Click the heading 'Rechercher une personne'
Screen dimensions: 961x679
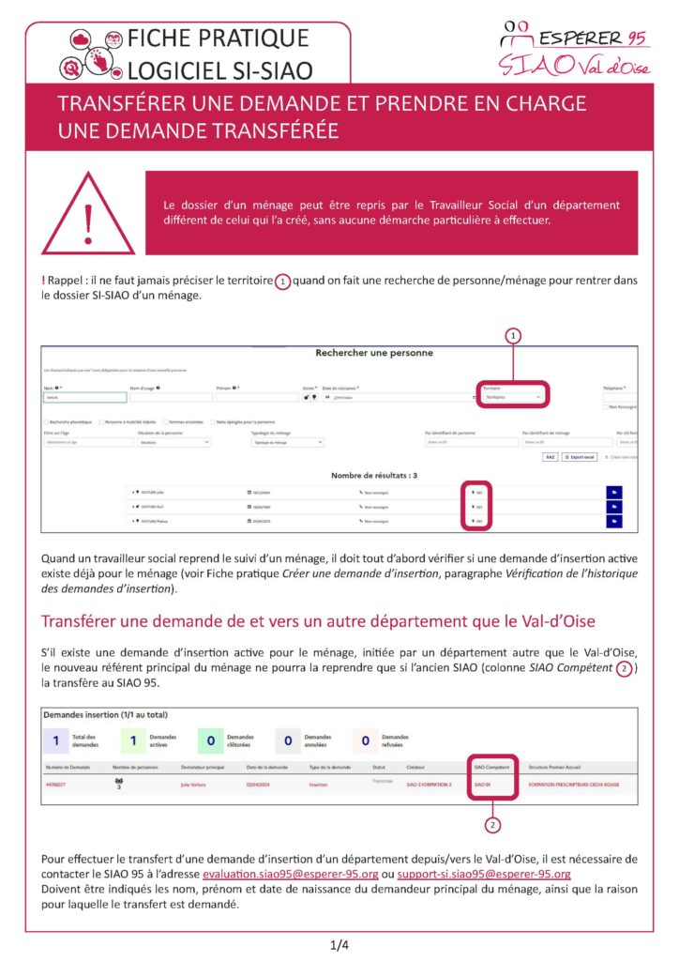pos(374,353)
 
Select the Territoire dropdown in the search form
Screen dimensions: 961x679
pos(512,398)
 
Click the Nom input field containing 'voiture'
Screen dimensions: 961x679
pos(83,398)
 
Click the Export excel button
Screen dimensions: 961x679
pos(582,457)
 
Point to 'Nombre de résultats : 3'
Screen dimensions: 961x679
pos(374,475)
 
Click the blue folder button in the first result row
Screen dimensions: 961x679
pos(615,492)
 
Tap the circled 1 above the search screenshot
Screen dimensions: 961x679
pos(513,334)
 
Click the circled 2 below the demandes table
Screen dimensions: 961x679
pos(492,825)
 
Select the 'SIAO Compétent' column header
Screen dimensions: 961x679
pos(491,767)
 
